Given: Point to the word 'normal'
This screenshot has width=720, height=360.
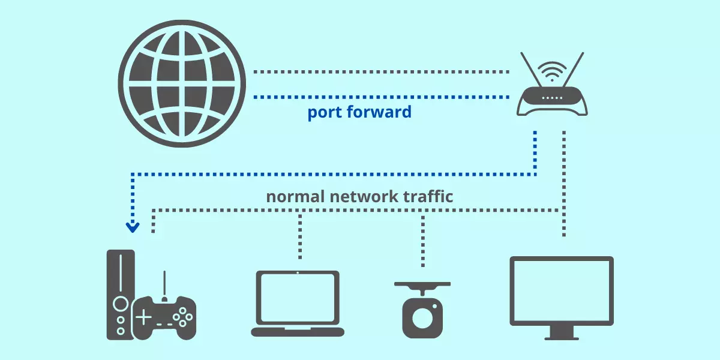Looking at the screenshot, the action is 296,197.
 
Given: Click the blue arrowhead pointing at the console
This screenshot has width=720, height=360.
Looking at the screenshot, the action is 132,227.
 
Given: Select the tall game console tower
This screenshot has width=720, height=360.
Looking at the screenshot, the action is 120,294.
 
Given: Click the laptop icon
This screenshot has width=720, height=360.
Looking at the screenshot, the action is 298,303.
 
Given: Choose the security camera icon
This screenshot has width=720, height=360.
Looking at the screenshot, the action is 422,309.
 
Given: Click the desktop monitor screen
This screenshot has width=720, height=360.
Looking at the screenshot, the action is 562,290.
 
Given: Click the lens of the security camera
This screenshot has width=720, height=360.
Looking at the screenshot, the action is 422,317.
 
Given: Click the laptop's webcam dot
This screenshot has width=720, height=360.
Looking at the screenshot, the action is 298,273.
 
